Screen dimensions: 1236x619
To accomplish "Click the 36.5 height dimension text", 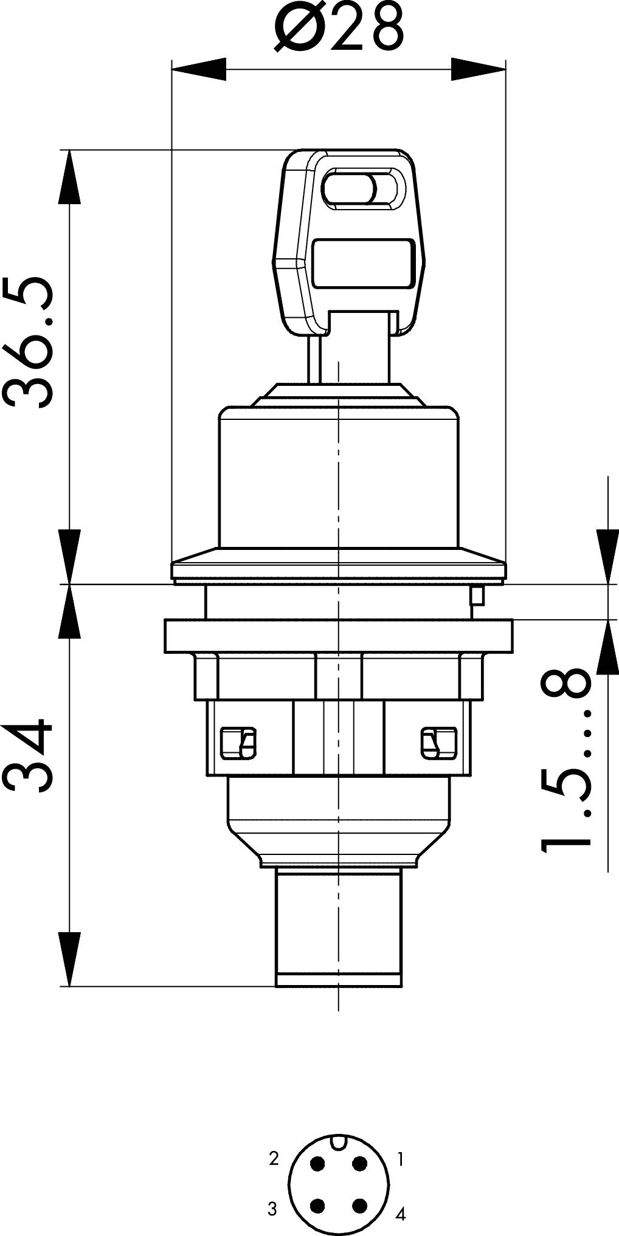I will pos(29,342).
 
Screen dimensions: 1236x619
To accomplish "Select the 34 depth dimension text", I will pos(29,755).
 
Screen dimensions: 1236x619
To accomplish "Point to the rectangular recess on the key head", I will pos(363,263).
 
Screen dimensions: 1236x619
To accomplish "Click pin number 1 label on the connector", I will pos(400,1159).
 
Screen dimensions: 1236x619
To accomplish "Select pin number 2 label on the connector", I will pos(274,1158).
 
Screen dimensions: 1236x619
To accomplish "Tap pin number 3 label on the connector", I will pos(272,1209).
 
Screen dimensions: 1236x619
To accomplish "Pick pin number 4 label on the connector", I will pos(400,1214).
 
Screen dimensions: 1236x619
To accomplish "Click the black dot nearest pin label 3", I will pos(317,1206).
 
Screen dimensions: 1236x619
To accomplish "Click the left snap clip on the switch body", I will pos(238,743).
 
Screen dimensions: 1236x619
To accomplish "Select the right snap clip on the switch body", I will pos(438,743).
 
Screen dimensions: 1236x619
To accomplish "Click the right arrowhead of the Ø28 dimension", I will pos(478,69).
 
